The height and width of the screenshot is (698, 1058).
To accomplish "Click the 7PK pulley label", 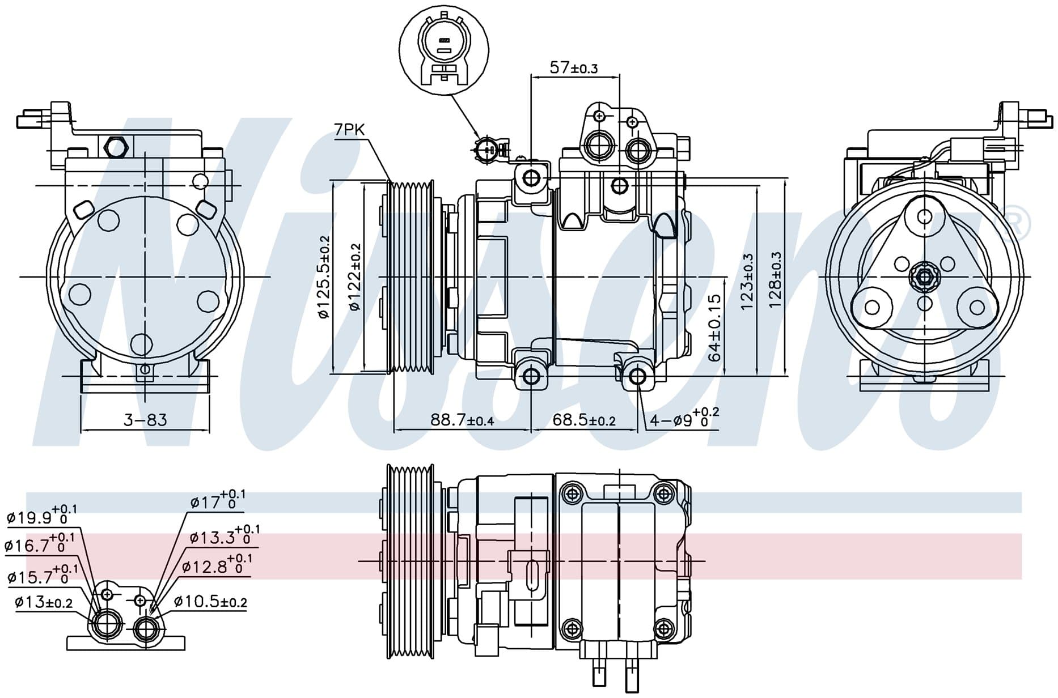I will [x=349, y=130].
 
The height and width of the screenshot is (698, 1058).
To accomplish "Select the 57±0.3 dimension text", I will [x=573, y=68].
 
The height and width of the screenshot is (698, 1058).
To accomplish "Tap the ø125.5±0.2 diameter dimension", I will [x=324, y=277].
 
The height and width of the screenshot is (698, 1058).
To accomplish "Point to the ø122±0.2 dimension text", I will [x=356, y=277].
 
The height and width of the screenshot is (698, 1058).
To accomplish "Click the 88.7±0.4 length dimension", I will [x=462, y=420].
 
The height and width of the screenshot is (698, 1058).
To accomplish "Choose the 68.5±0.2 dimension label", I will [x=584, y=420].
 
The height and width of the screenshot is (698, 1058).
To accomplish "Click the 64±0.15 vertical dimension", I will [x=715, y=327].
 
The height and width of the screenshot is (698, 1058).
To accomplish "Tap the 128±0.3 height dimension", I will [x=775, y=280].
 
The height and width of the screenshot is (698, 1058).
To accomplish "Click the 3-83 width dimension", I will [x=145, y=420].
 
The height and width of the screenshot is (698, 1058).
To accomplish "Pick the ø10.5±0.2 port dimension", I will [x=210, y=602].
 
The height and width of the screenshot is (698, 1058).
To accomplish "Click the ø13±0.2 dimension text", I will [x=44, y=602].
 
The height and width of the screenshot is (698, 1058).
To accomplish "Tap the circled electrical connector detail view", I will [x=444, y=47].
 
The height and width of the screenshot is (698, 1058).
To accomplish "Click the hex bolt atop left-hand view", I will [x=116, y=147].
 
